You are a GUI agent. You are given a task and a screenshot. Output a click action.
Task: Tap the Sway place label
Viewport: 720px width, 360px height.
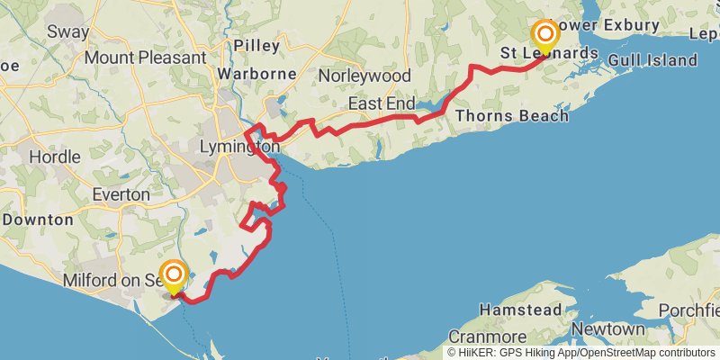[x=68, y=32]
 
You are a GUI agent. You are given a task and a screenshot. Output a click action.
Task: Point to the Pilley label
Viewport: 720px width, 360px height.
[x=256, y=45]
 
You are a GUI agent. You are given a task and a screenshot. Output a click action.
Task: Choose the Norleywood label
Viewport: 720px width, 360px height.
[x=364, y=76]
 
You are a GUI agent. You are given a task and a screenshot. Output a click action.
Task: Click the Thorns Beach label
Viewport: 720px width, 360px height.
[x=512, y=116]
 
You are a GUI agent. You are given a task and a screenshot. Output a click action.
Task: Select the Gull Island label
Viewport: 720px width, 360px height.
[x=652, y=60]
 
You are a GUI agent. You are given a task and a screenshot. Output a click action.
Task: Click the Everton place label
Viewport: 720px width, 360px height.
[x=121, y=194]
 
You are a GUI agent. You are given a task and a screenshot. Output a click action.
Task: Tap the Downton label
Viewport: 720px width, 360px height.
[x=37, y=219]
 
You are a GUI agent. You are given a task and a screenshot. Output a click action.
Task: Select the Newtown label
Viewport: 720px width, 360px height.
[x=607, y=330]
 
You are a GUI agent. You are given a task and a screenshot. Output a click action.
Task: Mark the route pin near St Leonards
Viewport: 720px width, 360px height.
[x=544, y=35]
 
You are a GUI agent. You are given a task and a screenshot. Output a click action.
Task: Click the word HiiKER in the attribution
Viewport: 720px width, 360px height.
[x=477, y=353]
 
